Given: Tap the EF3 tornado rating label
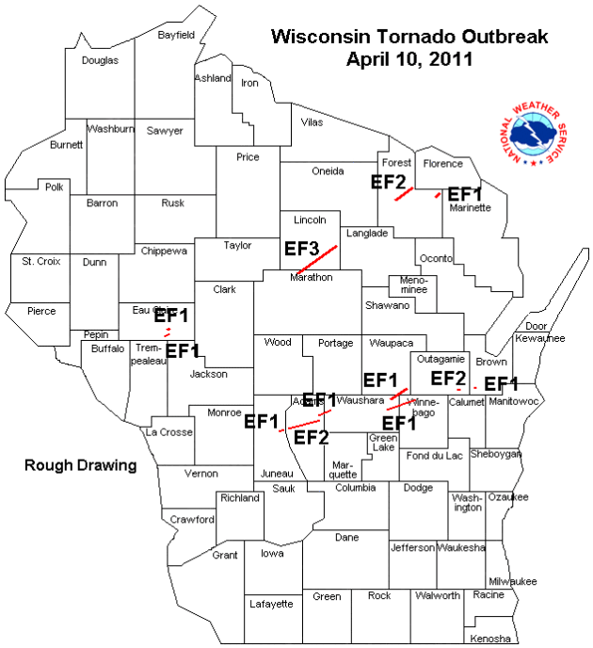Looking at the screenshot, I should (302, 250).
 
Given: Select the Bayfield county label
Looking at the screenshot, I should (176, 35).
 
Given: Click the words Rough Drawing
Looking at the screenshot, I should (80, 465).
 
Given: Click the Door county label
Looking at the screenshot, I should (537, 326).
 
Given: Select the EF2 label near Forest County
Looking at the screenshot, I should (389, 182).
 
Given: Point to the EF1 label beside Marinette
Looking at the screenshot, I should (465, 194).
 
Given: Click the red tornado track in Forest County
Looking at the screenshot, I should (405, 194).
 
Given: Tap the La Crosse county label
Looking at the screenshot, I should (168, 432).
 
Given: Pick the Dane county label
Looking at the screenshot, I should (347, 537).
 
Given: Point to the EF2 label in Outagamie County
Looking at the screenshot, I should (448, 379).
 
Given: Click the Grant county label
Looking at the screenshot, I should (224, 556).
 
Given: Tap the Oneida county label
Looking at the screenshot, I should (328, 170).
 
